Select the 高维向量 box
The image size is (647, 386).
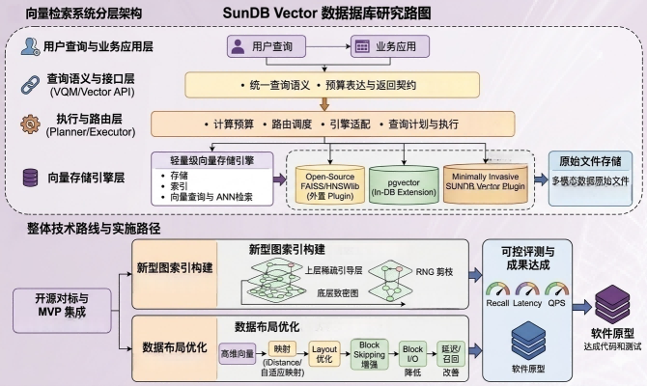(x=238, y=355)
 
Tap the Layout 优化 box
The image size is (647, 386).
(x=325, y=354)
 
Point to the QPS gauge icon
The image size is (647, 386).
(x=555, y=290)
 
